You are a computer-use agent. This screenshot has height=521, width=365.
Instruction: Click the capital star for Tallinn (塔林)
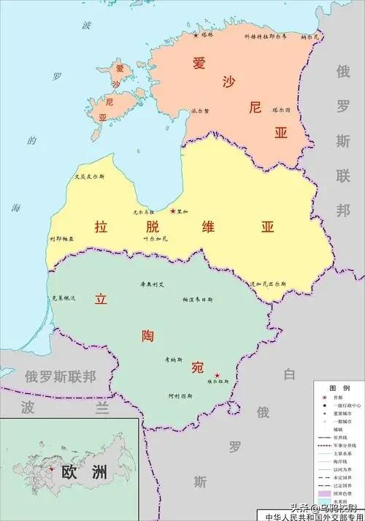tap(196, 35)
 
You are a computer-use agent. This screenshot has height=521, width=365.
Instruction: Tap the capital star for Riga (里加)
tap(172, 211)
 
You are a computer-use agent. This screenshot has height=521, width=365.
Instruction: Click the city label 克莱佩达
tap(64, 298)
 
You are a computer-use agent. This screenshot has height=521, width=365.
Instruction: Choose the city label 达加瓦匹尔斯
tap(268, 283)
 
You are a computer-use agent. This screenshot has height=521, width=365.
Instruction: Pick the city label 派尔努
tap(200, 111)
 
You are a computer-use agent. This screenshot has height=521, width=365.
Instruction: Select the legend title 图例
tap(338, 388)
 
